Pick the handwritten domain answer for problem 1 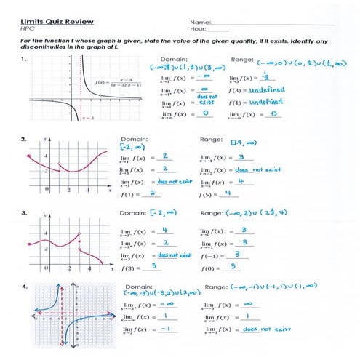(179, 67)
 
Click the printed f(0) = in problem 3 (210, 267)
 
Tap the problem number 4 (25, 284)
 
